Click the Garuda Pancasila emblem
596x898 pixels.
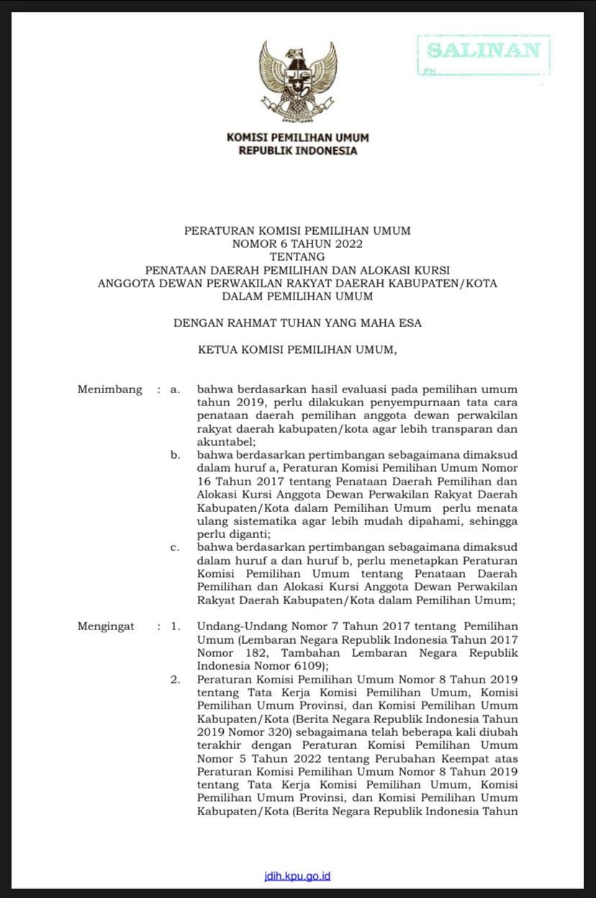(x=297, y=81)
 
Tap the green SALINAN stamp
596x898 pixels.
(x=484, y=51)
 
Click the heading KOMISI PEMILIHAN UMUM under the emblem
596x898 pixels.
(x=297, y=138)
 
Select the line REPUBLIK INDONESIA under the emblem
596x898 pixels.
(x=297, y=151)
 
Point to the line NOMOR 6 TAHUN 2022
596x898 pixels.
(x=297, y=243)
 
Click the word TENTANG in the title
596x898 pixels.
(x=297, y=256)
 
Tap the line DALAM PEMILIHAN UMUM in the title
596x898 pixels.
(x=297, y=296)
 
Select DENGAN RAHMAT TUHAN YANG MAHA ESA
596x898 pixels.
(x=297, y=323)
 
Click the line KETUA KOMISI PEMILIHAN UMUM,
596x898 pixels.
(x=297, y=350)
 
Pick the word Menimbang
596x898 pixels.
(x=110, y=390)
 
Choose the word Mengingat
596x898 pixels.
(x=106, y=626)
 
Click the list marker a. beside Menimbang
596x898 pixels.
(x=174, y=390)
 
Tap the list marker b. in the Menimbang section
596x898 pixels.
(x=174, y=456)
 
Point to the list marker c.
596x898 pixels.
(x=174, y=547)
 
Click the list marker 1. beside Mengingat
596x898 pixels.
(x=175, y=626)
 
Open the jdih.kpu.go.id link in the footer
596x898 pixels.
(x=297, y=876)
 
